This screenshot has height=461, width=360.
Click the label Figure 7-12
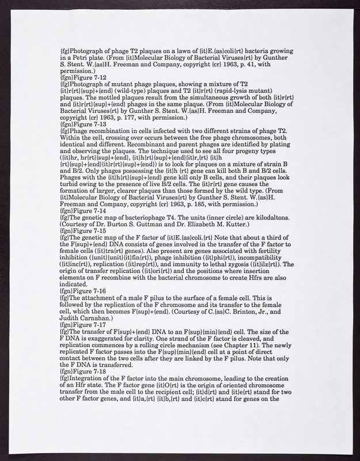click(89, 76)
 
